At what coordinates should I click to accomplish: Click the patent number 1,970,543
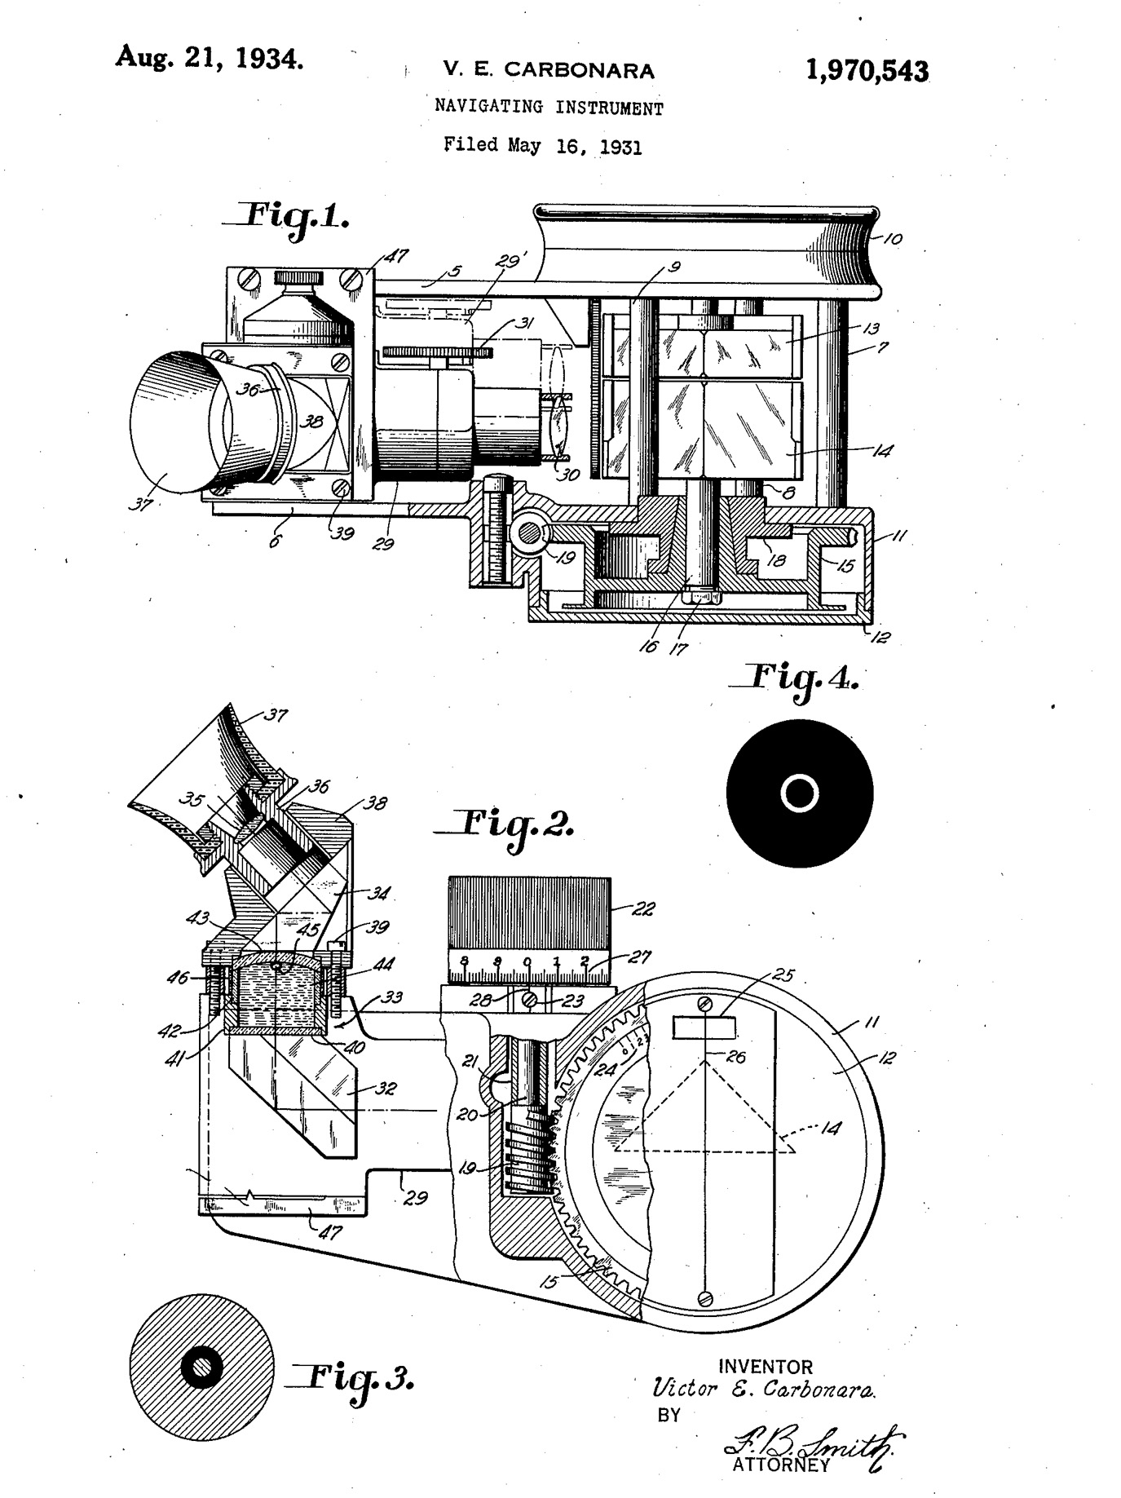tap(867, 72)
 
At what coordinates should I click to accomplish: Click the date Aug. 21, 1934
tap(210, 57)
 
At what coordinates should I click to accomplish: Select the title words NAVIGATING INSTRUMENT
tap(549, 107)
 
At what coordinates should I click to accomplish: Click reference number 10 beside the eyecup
tap(893, 240)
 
